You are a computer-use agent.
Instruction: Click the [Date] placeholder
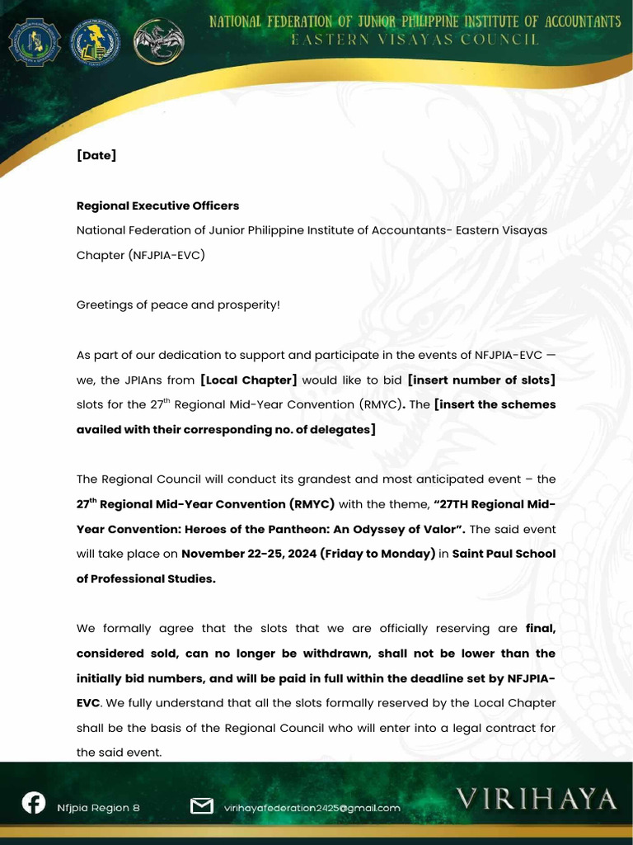point(96,155)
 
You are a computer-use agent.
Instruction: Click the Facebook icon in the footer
point(34,803)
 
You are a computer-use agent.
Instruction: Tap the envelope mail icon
point(202,806)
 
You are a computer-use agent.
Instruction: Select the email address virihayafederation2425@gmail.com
point(312,808)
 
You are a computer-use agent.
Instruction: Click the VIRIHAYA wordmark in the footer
point(537,800)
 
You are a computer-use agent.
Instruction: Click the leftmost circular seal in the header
point(34,44)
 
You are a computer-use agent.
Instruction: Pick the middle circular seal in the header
point(96,44)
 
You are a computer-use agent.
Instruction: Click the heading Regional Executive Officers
point(157,205)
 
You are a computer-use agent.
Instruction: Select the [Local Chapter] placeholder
point(248,380)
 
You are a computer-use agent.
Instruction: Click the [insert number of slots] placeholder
point(481,380)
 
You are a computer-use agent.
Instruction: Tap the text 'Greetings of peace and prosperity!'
point(178,304)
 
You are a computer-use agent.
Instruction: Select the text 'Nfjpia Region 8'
point(98,808)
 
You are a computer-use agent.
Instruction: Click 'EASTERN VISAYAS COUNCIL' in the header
point(415,40)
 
